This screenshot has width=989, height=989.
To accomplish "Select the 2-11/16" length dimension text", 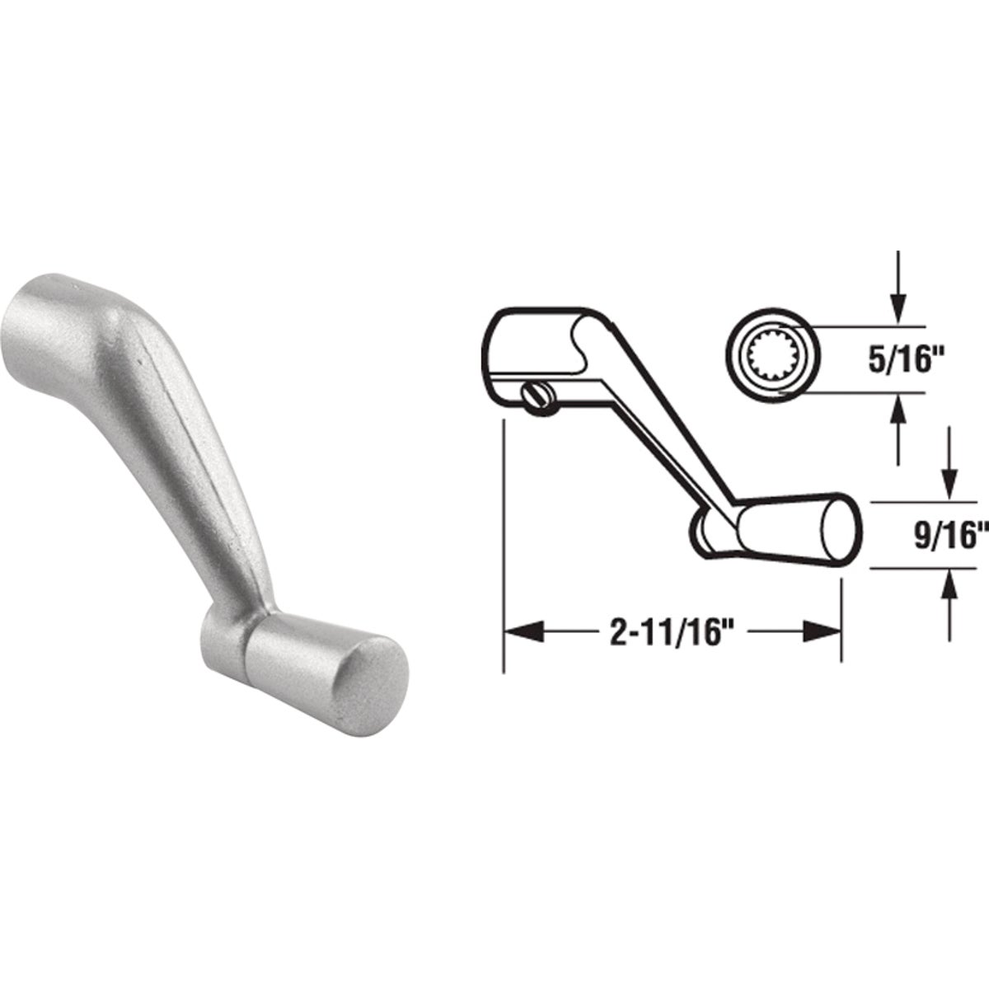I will click(x=672, y=632).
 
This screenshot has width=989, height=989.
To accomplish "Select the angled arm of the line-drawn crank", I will click(x=651, y=412).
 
